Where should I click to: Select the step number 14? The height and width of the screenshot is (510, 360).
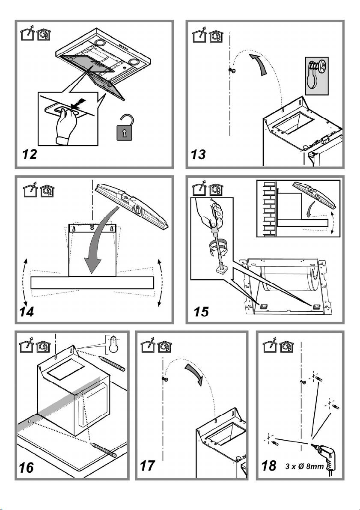[29, 312]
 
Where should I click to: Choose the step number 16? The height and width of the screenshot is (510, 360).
[27, 468]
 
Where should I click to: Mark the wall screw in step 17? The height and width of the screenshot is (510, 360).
[164, 379]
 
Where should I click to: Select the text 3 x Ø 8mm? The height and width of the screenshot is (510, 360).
[310, 466]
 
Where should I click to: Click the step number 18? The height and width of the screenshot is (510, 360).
[269, 466]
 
